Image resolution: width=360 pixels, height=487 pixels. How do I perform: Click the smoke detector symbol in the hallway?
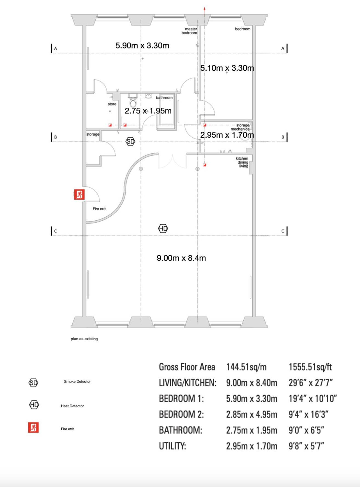pos(130,141)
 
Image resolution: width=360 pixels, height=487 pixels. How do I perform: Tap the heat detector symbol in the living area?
pos(163,228)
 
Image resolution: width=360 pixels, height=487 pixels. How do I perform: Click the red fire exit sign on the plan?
pos(79,194)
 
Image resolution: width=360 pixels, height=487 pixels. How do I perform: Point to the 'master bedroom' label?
pos(189,31)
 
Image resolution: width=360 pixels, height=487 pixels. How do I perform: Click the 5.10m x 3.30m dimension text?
pos(227,68)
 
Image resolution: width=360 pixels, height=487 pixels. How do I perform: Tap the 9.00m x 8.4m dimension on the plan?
pos(181,258)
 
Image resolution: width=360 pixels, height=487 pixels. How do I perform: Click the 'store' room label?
pos(112,104)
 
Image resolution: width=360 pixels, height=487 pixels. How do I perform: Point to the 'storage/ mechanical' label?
pos(241,127)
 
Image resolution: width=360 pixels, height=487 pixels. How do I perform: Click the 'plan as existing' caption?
pos(84,339)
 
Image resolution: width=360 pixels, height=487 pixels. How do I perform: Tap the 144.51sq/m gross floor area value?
pos(246,367)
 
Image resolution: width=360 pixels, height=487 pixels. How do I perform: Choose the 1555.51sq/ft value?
pos(310,367)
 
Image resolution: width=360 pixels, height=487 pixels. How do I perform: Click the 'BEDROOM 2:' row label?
pos(181,414)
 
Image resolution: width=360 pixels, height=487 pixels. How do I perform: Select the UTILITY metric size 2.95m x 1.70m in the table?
pos(252,446)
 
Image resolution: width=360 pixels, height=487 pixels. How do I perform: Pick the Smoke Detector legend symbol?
pos(33,383)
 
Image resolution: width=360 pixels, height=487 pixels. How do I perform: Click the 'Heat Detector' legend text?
pos(72,406)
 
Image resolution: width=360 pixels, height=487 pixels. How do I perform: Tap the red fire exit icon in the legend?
pos(33,427)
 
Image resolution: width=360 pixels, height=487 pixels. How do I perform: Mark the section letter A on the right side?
pos(283,49)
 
